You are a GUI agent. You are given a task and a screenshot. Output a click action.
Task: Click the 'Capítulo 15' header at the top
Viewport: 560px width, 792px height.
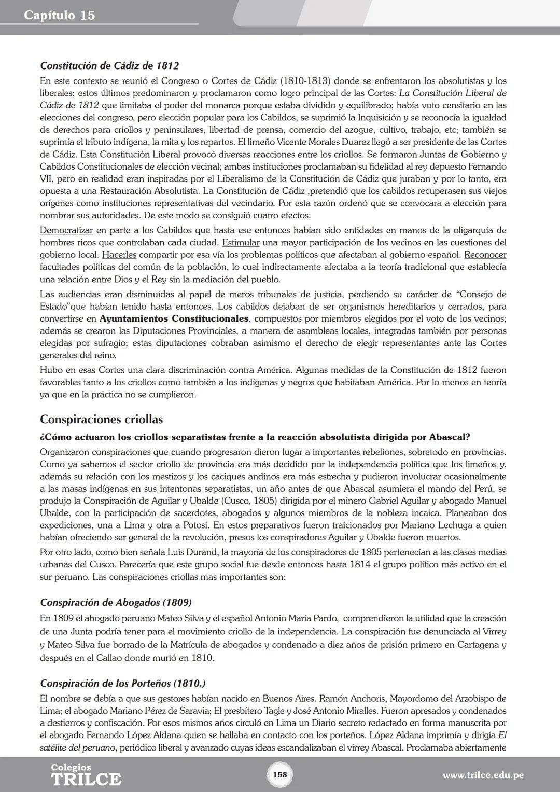(59, 15)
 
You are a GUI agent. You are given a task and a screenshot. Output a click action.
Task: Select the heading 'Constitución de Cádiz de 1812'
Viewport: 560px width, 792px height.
(109, 66)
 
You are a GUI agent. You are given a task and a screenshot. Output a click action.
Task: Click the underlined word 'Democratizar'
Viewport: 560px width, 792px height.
(66, 230)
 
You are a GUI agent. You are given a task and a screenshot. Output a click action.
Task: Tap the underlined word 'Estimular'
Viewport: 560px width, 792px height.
(241, 243)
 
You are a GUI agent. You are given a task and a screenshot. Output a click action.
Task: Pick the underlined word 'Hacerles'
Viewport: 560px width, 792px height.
(119, 255)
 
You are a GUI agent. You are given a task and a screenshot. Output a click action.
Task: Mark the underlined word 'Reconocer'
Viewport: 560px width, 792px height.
(485, 255)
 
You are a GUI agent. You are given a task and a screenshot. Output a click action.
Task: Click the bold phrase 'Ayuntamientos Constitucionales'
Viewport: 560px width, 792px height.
(174, 318)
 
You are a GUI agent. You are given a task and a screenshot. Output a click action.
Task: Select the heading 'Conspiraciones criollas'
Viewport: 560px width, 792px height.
(101, 419)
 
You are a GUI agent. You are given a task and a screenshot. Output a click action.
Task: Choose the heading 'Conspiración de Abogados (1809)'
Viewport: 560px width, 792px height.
(116, 603)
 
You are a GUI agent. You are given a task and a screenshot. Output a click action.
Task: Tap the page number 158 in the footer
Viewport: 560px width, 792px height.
(279, 774)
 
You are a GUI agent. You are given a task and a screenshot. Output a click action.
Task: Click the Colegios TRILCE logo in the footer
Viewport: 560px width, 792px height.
(86, 774)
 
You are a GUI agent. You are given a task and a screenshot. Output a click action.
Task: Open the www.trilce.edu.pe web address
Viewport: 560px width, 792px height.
(483, 775)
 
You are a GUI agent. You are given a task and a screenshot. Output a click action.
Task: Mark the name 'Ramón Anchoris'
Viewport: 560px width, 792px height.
(354, 699)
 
